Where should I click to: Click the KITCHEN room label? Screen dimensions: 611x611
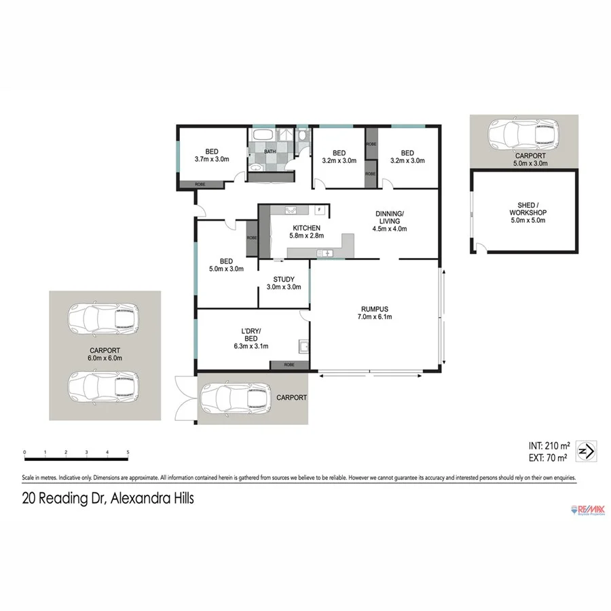click(x=306, y=228)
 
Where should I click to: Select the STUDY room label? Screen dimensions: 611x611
click(x=284, y=279)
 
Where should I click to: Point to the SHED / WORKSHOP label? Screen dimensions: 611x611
click(x=527, y=208)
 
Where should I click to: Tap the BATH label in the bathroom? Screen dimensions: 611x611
click(x=270, y=151)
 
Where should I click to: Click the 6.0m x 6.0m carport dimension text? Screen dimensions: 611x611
click(x=105, y=358)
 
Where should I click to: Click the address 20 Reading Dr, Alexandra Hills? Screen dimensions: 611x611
click(x=108, y=498)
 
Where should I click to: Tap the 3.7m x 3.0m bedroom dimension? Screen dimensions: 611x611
click(x=212, y=160)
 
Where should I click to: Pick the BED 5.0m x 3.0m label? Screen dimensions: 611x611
click(x=226, y=265)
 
